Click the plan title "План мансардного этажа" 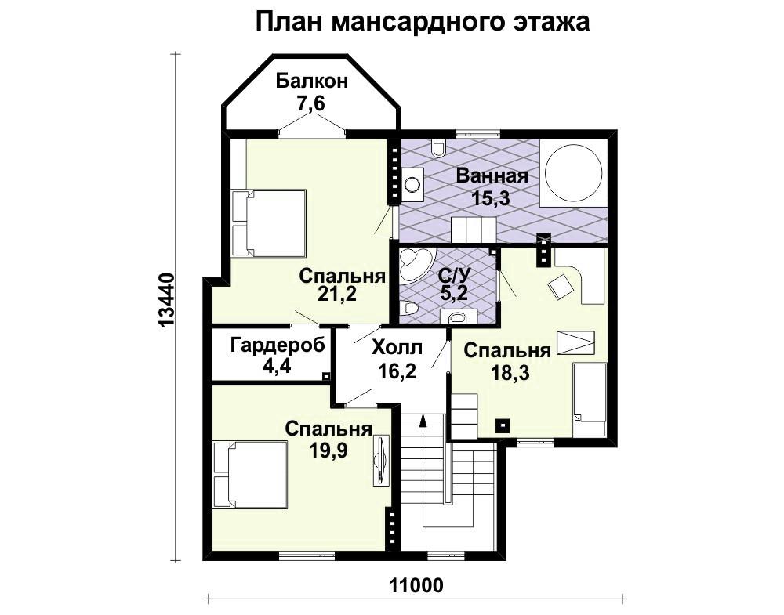click(x=423, y=23)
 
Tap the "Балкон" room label click(x=311, y=81)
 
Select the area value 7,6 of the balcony click(x=311, y=104)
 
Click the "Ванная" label click(x=492, y=176)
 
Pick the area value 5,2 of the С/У click(x=454, y=293)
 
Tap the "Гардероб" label click(x=278, y=345)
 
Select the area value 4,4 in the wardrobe click(x=277, y=367)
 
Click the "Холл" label click(x=397, y=348)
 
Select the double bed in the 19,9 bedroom click(x=251, y=474)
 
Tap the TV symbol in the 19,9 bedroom click(x=382, y=460)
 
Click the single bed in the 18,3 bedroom click(x=589, y=400)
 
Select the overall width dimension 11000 click(x=416, y=585)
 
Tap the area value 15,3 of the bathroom click(x=491, y=198)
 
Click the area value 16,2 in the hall click(x=397, y=371)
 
